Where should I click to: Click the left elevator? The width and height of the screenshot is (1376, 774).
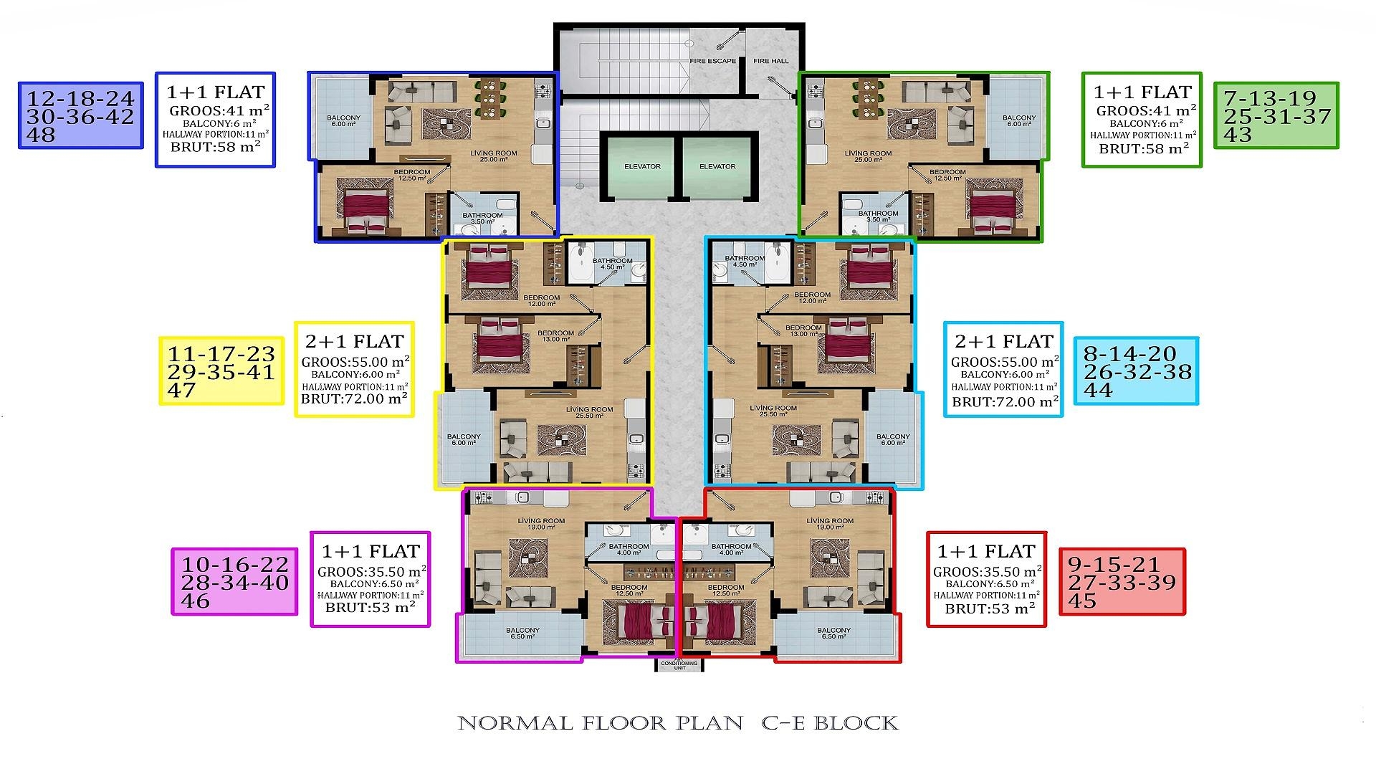click(x=641, y=166)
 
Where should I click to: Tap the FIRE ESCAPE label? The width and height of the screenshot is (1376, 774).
click(x=712, y=61)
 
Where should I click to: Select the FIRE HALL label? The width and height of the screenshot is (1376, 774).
click(x=770, y=61)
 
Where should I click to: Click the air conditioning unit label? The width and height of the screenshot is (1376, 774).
click(x=679, y=664)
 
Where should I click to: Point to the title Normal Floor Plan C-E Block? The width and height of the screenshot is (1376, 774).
click(x=677, y=723)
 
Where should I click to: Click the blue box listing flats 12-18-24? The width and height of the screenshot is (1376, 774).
click(x=80, y=115)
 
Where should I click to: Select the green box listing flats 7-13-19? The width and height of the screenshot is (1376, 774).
click(x=1276, y=115)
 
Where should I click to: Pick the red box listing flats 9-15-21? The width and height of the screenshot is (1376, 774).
click(x=1122, y=582)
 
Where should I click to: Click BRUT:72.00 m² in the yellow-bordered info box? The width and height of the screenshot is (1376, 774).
click(x=354, y=399)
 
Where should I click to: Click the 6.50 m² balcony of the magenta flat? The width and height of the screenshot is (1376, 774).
click(x=522, y=634)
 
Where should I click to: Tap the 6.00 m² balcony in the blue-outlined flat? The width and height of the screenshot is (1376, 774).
click(x=343, y=120)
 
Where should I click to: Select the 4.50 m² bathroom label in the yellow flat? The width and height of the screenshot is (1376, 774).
click(x=612, y=264)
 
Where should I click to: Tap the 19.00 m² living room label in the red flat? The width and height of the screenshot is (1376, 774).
click(x=830, y=524)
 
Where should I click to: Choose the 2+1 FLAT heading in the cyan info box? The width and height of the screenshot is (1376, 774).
click(x=1003, y=341)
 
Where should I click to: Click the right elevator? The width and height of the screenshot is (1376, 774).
click(x=717, y=166)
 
